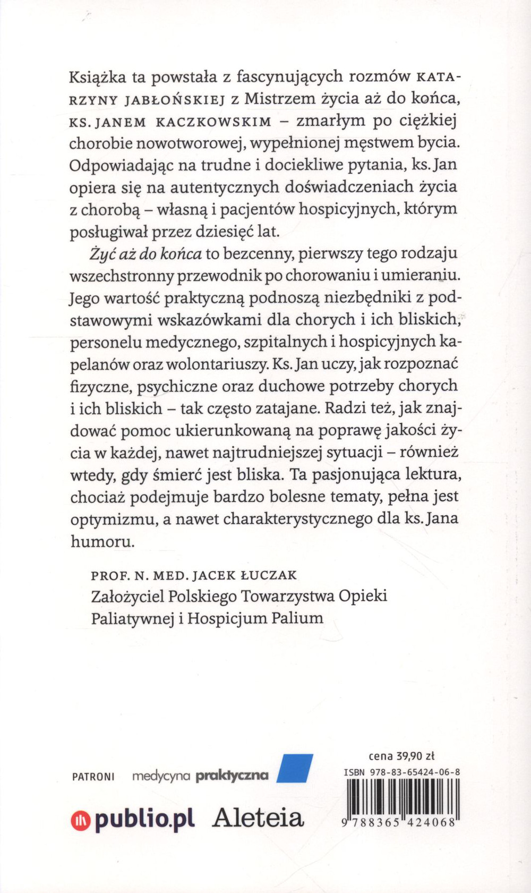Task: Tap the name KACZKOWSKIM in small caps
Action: [213, 122]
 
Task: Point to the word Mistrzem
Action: [279, 99]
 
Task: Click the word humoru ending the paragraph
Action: [101, 541]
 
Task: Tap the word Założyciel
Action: [127, 597]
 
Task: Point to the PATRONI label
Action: [93, 777]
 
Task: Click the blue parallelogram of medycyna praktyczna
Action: [295, 768]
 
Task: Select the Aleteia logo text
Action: [258, 819]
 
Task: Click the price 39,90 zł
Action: [416, 756]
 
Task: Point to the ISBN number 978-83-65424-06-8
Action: [413, 772]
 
